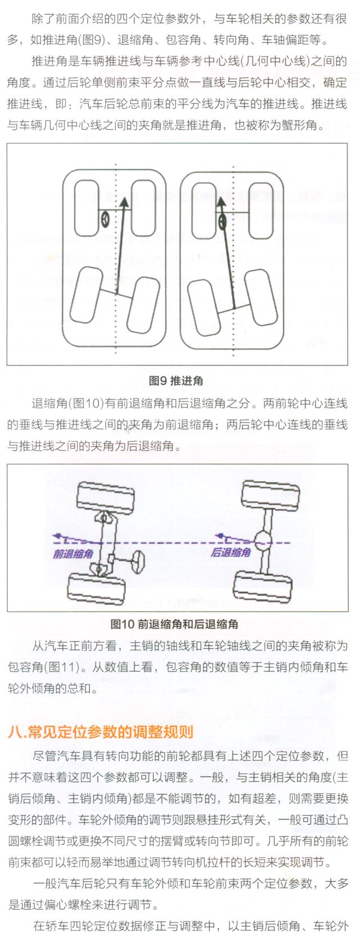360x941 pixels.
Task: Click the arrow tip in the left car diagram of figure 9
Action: coord(124,198)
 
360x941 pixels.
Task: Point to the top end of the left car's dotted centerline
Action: coord(116,163)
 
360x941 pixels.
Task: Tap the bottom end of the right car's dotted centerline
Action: coord(233,355)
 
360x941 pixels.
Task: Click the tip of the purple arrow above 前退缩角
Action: coord(53,535)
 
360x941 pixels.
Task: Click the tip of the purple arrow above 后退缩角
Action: coord(215,535)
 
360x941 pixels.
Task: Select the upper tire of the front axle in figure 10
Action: coord(105,496)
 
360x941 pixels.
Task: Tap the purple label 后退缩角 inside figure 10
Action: coord(231,552)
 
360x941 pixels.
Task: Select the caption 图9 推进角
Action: coord(176,381)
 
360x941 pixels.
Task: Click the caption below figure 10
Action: coord(174,624)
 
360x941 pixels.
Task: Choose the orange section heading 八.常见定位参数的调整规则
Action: coord(100,732)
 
